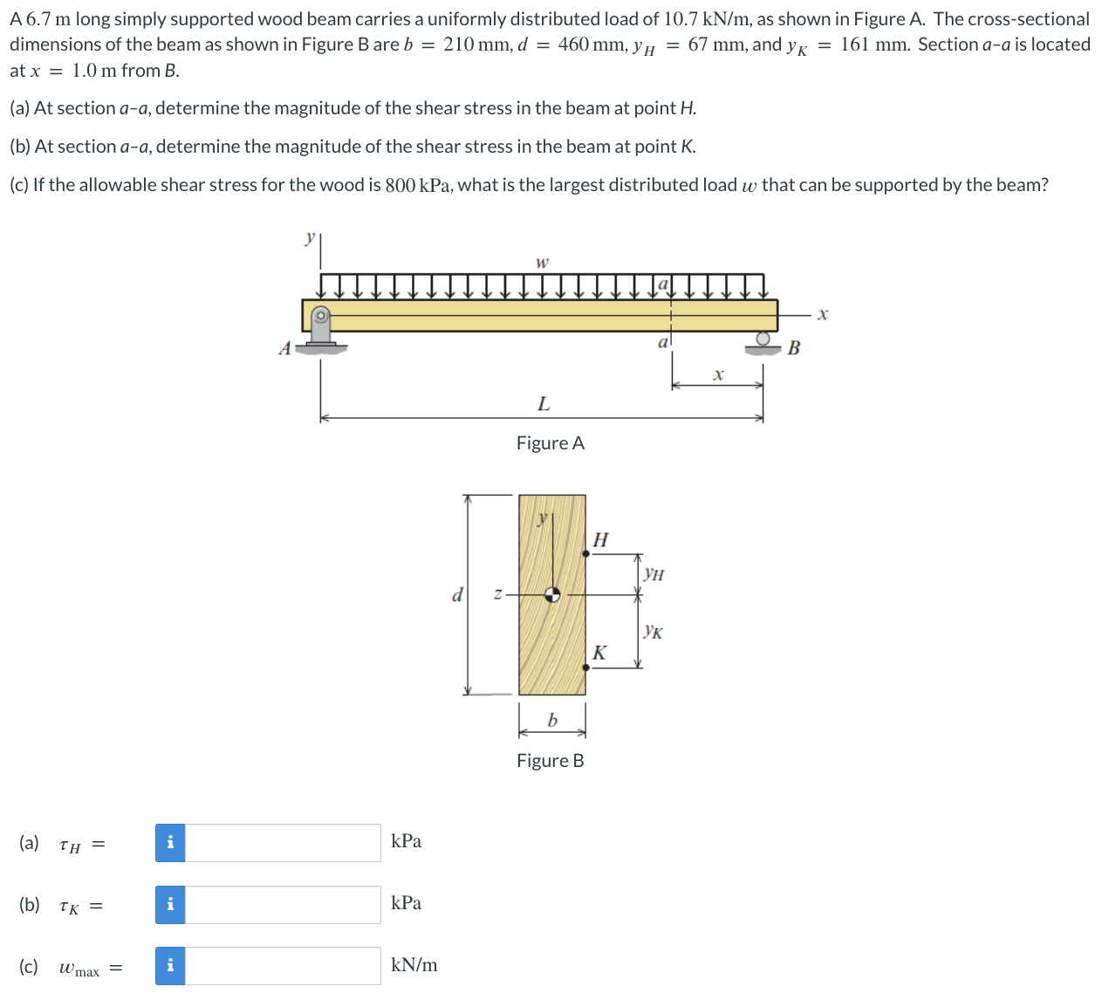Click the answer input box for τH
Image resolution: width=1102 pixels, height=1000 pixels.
(283, 843)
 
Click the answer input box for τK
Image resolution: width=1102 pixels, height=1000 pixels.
(283, 905)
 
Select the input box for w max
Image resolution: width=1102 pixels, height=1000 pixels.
(283, 966)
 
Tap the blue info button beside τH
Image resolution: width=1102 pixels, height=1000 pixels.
(170, 843)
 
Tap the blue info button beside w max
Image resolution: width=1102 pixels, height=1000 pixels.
(170, 966)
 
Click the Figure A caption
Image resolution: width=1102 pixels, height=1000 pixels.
(550, 443)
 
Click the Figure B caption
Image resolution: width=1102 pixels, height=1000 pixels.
(550, 761)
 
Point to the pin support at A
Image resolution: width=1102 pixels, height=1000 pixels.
(321, 328)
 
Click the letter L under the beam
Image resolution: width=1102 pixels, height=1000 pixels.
(543, 404)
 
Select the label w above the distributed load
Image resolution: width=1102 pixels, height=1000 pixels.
(542, 262)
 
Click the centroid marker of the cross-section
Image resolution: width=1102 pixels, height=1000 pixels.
(552, 595)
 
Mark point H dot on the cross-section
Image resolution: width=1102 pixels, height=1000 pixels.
(585, 552)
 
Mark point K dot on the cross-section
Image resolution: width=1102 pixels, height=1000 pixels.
(585, 668)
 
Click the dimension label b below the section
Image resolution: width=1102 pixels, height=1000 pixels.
(551, 721)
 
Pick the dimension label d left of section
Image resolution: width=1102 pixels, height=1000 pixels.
(456, 595)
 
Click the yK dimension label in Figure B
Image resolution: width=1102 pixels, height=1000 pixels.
(653, 631)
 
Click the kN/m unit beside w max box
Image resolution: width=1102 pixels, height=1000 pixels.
(414, 965)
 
